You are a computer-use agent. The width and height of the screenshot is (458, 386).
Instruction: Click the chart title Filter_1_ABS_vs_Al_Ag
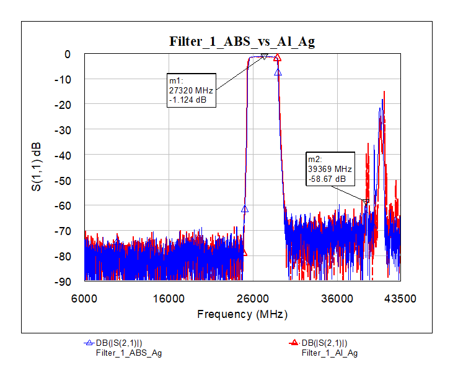click(242, 41)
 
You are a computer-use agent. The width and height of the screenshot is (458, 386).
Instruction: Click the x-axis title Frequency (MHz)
click(242, 314)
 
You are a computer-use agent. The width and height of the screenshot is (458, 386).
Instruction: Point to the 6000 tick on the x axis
click(84, 299)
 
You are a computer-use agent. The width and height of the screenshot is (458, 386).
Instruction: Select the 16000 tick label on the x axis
click(169, 299)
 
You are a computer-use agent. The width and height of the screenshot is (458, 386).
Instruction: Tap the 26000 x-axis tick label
click(252, 299)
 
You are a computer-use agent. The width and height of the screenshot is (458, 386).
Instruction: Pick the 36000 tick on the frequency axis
click(337, 299)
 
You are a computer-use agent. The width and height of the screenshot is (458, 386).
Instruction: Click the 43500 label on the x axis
click(400, 299)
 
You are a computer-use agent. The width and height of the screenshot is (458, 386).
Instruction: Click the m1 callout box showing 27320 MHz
click(192, 91)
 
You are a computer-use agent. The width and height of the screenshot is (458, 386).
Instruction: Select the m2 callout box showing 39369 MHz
click(330, 168)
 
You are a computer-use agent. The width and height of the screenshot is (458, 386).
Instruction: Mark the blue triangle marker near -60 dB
click(245, 209)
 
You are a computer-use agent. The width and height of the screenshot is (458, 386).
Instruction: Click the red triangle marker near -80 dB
click(244, 253)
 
